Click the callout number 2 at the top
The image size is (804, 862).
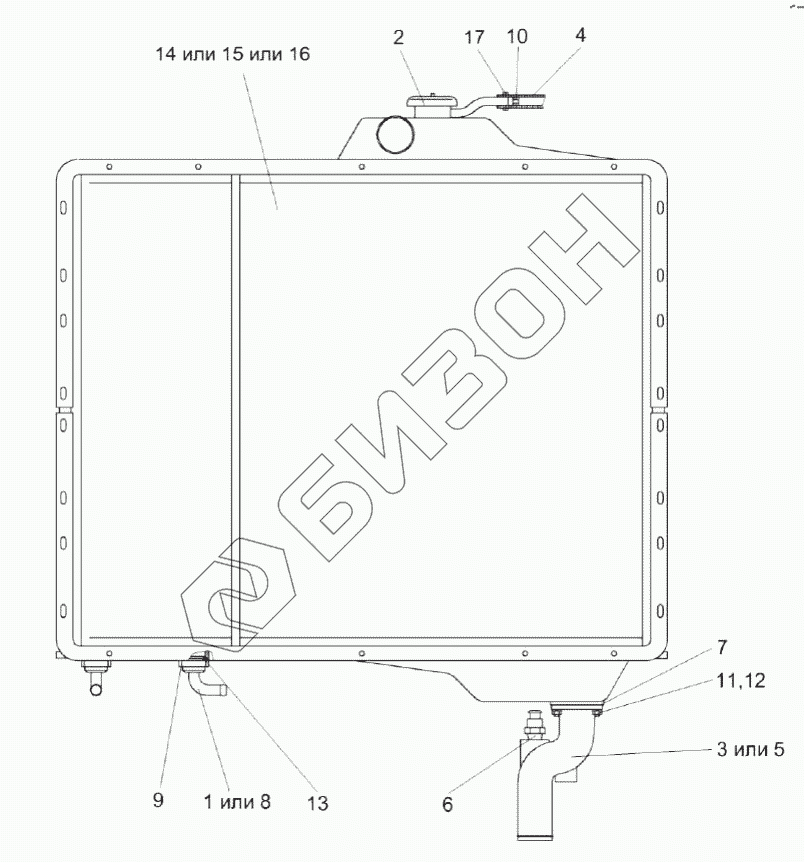(x=398, y=37)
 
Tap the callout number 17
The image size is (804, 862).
(x=474, y=37)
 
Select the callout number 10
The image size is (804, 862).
(x=516, y=36)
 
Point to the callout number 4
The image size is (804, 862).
(x=580, y=35)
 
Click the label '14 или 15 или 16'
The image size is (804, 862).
(x=233, y=54)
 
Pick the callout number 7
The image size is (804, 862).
(x=722, y=648)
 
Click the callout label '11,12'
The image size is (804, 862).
(x=741, y=681)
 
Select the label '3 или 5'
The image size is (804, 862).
(x=750, y=749)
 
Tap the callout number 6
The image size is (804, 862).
(x=447, y=805)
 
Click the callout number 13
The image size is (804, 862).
(x=317, y=803)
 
